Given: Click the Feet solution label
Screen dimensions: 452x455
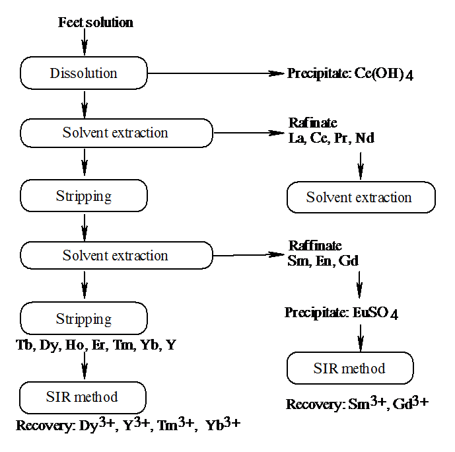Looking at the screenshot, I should [x=96, y=22].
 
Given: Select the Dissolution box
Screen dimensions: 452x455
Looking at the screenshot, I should [x=84, y=73].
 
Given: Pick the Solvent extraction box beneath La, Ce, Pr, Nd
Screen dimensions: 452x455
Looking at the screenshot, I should [x=360, y=198].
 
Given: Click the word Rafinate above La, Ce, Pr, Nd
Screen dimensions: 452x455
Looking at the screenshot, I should [x=312, y=124].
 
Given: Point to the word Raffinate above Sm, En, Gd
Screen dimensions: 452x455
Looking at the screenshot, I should [x=314, y=246].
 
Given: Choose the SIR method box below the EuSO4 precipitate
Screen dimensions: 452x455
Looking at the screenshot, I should [x=350, y=368].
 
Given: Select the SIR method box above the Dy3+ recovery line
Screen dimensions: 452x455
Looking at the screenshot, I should [x=83, y=397].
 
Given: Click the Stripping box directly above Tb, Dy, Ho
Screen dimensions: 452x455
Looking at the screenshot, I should [x=84, y=319].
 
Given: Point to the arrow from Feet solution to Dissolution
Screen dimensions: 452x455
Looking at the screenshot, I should [x=84, y=43].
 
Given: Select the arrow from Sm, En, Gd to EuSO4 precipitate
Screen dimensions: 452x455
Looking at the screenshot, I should [x=360, y=285].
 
